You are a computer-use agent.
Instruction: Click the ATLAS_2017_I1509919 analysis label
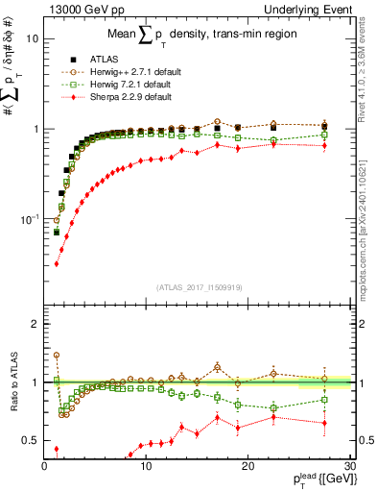click(x=199, y=286)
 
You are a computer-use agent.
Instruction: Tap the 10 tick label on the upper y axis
click(x=33, y=39)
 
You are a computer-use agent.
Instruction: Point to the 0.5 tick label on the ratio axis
click(x=31, y=440)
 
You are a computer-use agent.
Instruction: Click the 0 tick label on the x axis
click(x=45, y=466)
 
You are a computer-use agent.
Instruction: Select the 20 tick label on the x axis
click(x=248, y=466)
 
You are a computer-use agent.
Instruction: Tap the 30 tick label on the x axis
click(x=350, y=466)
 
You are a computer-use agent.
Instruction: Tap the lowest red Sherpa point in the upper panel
click(x=57, y=263)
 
